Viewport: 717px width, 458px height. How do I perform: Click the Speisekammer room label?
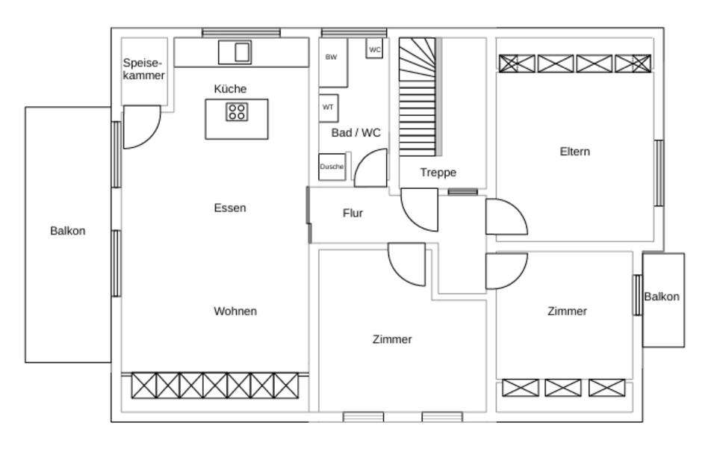coord(143,69)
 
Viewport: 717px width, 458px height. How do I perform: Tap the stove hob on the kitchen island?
coord(237,111)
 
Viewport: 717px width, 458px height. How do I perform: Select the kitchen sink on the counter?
coord(235,52)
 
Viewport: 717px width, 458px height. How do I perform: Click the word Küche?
coord(230,89)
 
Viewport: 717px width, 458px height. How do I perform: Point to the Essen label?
coord(230,208)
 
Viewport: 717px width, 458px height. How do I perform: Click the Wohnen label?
coord(235,311)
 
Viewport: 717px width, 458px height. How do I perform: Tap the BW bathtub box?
coord(333,63)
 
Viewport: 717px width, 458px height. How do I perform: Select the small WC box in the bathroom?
coord(374,48)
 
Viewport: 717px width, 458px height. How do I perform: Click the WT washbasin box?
coord(329,108)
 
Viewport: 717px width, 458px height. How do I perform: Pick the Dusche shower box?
coord(332,167)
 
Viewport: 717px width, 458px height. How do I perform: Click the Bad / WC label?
coord(356,133)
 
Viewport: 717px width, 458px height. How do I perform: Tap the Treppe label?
coord(438,173)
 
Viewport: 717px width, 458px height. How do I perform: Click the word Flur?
coord(353,213)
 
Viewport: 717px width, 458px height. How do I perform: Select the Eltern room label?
coord(575,152)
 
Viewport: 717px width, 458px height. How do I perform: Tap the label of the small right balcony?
coord(662,297)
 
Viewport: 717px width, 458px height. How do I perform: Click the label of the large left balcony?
coord(68,231)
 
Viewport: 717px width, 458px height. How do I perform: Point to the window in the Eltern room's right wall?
coord(659,173)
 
